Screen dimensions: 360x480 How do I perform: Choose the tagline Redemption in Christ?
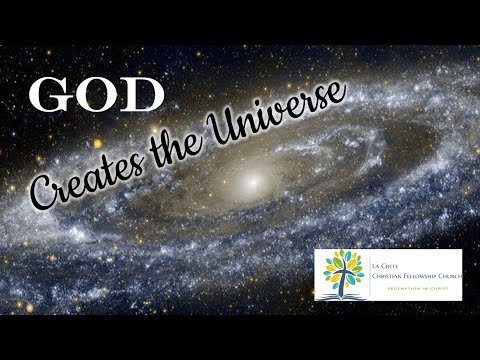[x=409, y=285]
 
